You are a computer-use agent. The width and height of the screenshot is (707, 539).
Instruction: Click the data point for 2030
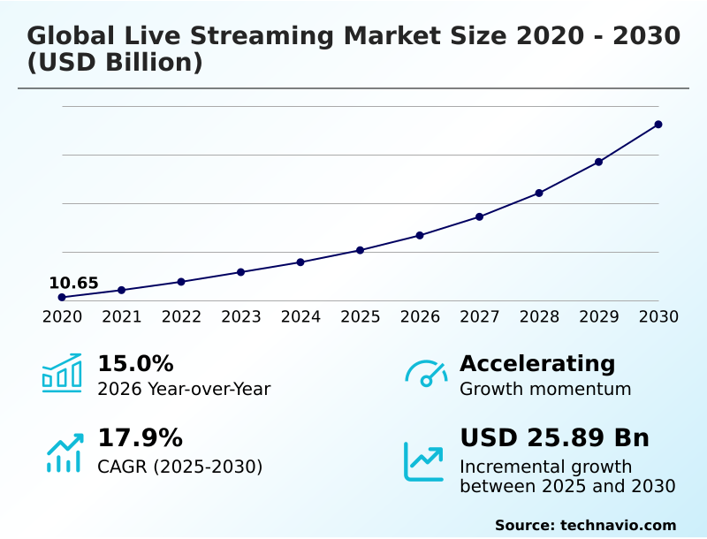(658, 125)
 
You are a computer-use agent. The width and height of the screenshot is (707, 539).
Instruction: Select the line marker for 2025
(361, 250)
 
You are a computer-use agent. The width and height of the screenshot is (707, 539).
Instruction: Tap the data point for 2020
(62, 298)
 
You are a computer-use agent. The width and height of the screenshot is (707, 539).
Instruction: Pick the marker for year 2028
(539, 193)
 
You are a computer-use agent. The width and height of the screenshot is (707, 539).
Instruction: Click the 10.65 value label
(73, 284)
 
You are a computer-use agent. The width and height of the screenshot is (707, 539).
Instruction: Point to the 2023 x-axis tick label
(241, 316)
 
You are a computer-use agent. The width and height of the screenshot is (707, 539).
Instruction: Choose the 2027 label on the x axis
(480, 316)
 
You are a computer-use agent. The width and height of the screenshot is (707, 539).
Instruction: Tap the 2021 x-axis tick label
(122, 316)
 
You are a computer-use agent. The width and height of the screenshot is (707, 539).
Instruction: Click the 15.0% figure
(135, 363)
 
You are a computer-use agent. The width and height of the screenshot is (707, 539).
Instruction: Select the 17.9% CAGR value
(140, 438)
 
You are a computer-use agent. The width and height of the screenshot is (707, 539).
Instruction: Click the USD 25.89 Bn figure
(554, 438)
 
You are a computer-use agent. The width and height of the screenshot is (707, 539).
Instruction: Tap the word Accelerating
(537, 363)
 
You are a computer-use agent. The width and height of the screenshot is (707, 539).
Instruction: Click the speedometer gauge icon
(426, 374)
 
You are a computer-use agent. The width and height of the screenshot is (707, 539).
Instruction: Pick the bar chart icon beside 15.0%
(62, 374)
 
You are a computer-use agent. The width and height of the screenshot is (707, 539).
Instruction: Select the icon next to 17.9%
(64, 452)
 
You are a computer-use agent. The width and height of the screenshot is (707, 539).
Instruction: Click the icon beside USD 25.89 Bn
(424, 461)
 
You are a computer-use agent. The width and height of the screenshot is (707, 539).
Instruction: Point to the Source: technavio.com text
(585, 525)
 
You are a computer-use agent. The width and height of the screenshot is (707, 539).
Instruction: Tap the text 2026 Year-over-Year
(184, 389)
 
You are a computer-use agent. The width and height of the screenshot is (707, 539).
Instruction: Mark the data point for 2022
(181, 282)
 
